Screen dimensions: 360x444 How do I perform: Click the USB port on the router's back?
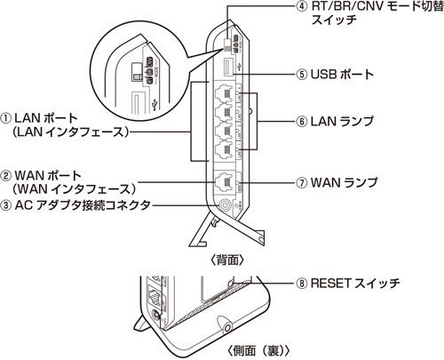click(228, 68)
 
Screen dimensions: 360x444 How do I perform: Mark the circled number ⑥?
click(304, 118)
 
